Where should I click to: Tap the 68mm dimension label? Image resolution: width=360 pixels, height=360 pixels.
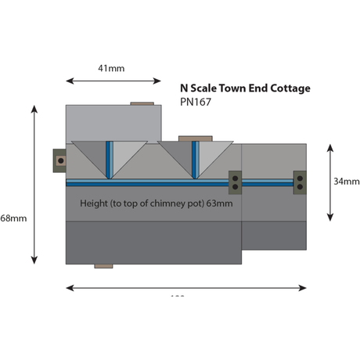[x=13, y=218]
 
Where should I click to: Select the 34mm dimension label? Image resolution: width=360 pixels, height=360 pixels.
[x=346, y=181]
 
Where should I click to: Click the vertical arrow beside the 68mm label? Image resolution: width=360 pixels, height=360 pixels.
[x=34, y=185]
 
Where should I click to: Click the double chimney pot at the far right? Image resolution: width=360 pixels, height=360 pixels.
[x=300, y=182]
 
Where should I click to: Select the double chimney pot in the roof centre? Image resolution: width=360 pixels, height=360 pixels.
[x=234, y=182]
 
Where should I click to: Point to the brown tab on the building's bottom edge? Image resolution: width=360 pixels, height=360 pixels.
[x=103, y=266]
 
